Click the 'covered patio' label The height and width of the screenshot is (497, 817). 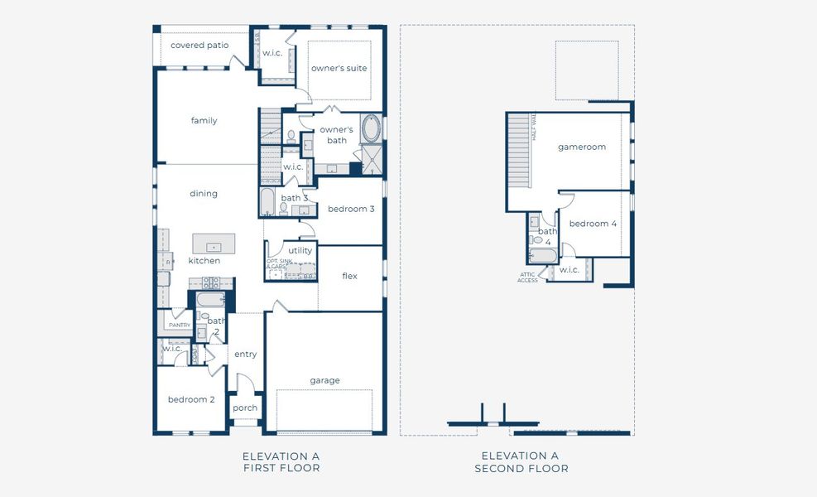[199, 46]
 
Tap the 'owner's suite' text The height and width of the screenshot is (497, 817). [339, 68]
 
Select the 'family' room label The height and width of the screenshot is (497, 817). [204, 121]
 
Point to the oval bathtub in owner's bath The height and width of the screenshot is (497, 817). [372, 129]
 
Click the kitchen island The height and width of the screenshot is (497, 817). [214, 244]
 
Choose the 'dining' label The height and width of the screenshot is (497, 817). [204, 194]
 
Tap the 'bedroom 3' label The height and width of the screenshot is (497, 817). [351, 209]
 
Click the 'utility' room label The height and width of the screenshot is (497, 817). [300, 250]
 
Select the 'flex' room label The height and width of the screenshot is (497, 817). [349, 276]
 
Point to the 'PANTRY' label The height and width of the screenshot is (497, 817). [180, 326]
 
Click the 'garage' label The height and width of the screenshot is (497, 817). [324, 381]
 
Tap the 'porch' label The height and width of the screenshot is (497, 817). [244, 408]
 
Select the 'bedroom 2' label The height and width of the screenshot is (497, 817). [191, 399]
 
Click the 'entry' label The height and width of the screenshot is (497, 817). [245, 355]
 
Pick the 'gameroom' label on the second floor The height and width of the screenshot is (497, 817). [581, 147]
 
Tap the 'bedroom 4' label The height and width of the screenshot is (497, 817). [593, 224]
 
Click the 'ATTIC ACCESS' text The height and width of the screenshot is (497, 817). [528, 277]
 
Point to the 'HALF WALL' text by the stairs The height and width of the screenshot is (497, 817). [534, 128]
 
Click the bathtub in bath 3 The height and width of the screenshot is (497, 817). [267, 202]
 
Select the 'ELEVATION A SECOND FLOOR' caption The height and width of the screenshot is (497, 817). [521, 462]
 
